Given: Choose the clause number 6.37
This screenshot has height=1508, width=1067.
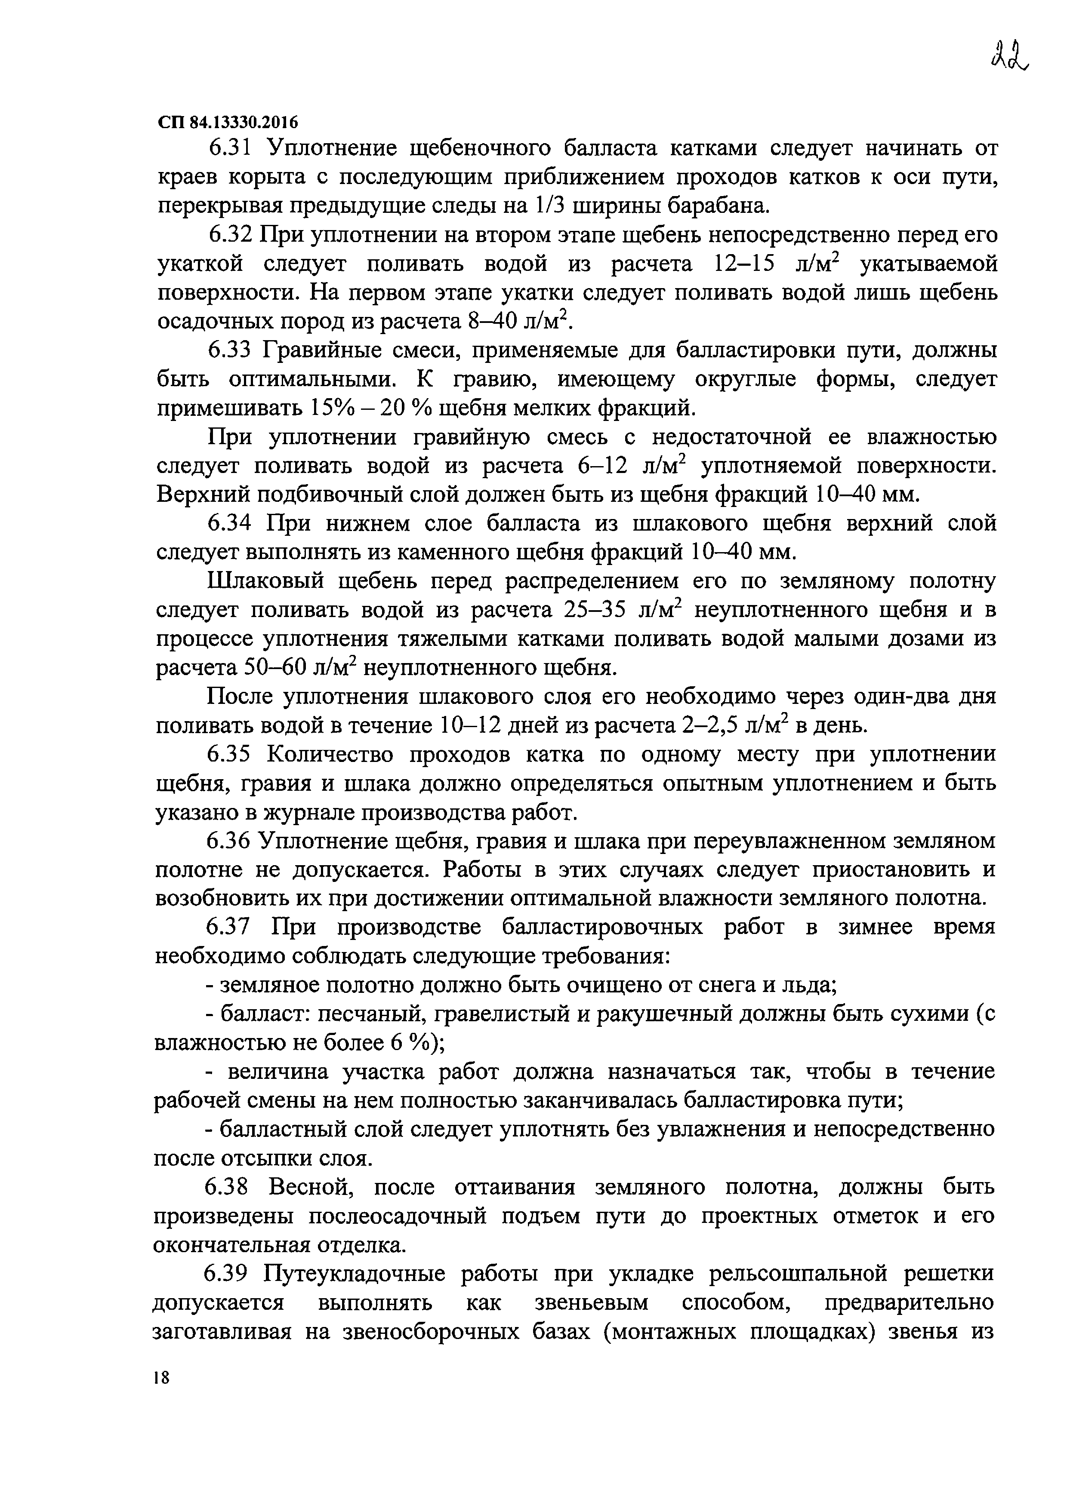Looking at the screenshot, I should tap(228, 927).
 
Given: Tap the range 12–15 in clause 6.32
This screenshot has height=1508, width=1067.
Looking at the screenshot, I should tap(743, 264).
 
